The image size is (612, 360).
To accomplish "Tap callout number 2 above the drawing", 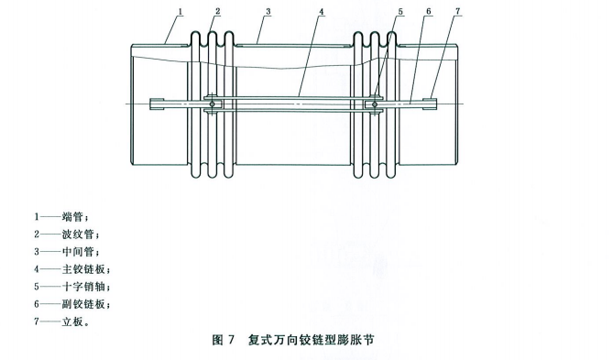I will click(x=218, y=10).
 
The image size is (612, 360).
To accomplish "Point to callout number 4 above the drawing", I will click(x=322, y=10).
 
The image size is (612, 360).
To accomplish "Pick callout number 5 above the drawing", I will click(x=400, y=10).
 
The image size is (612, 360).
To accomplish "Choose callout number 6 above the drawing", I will click(x=427, y=10).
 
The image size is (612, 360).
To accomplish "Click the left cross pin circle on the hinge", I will click(x=213, y=104).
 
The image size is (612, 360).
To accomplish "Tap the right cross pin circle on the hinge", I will click(x=374, y=104).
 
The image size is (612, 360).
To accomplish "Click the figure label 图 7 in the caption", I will click(x=224, y=340).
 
